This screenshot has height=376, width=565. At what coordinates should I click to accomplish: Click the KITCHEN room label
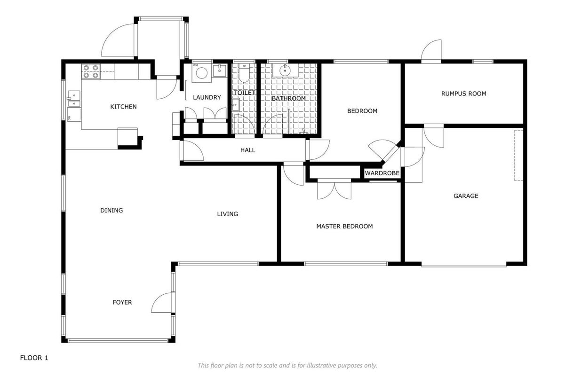(x=123, y=107)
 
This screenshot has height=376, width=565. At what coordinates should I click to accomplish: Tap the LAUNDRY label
(x=207, y=97)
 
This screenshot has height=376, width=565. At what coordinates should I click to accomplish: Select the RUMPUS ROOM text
(x=463, y=94)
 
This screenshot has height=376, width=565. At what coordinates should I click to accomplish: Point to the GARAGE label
(x=466, y=196)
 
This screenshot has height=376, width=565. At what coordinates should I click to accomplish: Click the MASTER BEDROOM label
(x=344, y=227)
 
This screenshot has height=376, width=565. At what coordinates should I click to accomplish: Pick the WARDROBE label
(x=382, y=173)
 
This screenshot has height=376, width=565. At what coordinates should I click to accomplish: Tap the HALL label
(x=248, y=150)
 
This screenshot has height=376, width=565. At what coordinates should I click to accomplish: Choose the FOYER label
(x=122, y=302)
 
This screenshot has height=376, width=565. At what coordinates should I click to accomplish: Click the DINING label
(x=111, y=210)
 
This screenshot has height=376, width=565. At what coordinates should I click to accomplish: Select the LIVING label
(x=228, y=214)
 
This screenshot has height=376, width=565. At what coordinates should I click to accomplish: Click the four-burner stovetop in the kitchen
(x=91, y=71)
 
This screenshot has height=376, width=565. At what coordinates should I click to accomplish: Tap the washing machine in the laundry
(x=201, y=73)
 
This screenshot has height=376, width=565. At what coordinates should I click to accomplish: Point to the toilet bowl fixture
(x=244, y=73)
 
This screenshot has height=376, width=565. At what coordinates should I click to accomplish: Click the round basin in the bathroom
(x=285, y=70)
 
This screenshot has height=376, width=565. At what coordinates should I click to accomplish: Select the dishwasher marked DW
(x=74, y=115)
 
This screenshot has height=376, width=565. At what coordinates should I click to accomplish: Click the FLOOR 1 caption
(x=34, y=358)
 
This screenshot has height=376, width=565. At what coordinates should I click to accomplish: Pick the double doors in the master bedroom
(x=334, y=189)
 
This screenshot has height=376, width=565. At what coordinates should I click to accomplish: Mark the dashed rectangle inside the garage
(x=518, y=156)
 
